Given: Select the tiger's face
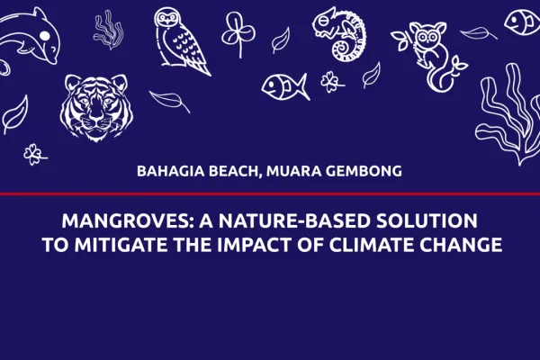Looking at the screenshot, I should (x=90, y=108).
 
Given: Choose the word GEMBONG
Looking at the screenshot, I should (x=369, y=170).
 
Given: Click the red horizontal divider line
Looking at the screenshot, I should (x=270, y=193).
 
